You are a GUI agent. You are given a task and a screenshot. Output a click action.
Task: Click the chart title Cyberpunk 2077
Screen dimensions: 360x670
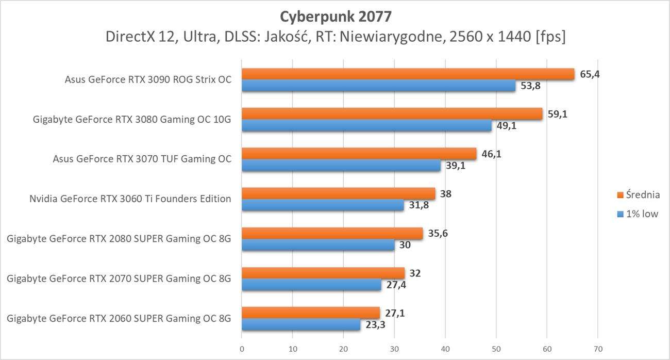click(x=336, y=17)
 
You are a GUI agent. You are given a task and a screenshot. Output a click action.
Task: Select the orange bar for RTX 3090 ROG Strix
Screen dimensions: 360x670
click(x=407, y=74)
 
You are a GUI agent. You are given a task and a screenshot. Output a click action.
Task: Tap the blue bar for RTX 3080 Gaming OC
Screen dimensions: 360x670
click(x=366, y=126)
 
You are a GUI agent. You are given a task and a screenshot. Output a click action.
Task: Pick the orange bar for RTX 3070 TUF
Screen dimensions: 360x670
click(x=359, y=154)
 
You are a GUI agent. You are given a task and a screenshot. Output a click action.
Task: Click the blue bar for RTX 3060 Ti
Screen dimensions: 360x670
click(x=323, y=205)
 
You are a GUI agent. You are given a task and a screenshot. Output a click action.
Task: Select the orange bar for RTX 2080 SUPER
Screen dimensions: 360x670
click(x=332, y=233)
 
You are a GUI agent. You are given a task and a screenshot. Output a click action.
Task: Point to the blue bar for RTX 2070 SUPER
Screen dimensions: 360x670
click(x=311, y=285)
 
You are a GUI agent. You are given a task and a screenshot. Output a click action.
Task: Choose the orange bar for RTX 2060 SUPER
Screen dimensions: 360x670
click(x=310, y=313)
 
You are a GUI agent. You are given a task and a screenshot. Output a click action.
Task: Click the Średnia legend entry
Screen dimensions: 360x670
click(x=638, y=195)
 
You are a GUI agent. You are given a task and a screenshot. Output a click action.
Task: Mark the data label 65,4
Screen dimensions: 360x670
click(x=590, y=74)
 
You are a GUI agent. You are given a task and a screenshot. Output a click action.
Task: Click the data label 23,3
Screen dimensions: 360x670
click(x=376, y=325)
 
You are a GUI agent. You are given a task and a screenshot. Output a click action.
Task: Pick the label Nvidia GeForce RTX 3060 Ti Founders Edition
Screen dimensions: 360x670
click(x=131, y=199)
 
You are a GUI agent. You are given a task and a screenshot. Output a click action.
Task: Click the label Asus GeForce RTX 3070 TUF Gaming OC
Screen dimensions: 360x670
click(x=142, y=159)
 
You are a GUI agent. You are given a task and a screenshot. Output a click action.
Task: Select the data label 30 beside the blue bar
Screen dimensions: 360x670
click(x=405, y=246)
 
